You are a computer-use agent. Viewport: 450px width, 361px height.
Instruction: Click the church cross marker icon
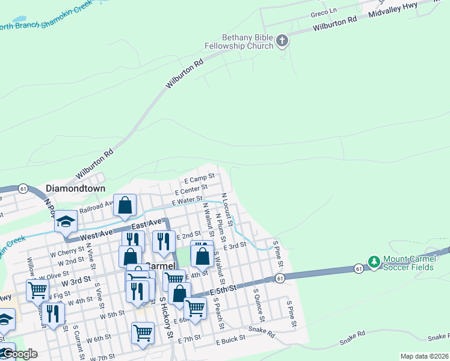tap(282, 41)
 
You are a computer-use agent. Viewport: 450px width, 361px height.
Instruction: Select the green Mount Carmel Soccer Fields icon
tap(374, 262)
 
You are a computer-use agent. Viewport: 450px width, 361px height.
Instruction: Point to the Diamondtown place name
tap(75, 188)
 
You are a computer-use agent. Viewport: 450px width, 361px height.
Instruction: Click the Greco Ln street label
tap(324, 12)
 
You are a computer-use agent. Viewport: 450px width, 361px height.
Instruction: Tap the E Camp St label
tap(199, 178)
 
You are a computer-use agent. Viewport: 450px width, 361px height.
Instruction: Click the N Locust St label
tap(226, 205)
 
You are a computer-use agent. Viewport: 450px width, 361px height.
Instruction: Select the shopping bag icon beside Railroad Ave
tap(125, 205)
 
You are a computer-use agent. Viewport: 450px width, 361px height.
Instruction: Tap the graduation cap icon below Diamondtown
tap(66, 222)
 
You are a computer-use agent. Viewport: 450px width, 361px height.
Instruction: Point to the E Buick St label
tap(231, 339)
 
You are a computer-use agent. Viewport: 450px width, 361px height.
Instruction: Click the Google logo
tap(20, 354)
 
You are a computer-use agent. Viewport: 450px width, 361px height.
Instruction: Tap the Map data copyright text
tap(424, 356)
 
